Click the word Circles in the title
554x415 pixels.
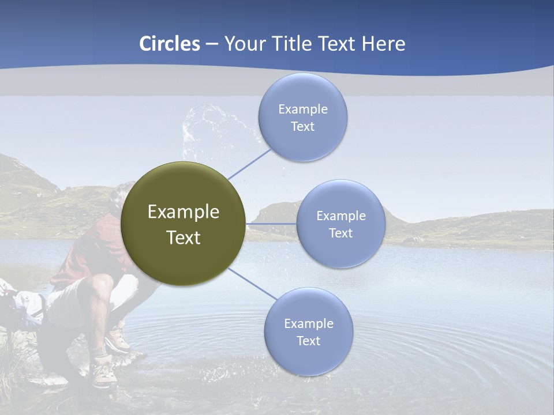(x=169, y=44)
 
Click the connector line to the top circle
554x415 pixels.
(x=249, y=164)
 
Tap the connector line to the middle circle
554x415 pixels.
(x=271, y=224)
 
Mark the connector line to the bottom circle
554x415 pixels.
(x=252, y=284)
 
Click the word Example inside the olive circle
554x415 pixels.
(x=184, y=212)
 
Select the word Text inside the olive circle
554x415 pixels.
(x=184, y=237)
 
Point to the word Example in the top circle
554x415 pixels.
(x=302, y=110)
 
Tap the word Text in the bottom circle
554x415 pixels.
(x=308, y=341)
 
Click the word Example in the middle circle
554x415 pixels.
(x=340, y=216)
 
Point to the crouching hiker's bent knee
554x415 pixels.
(x=104, y=282)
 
